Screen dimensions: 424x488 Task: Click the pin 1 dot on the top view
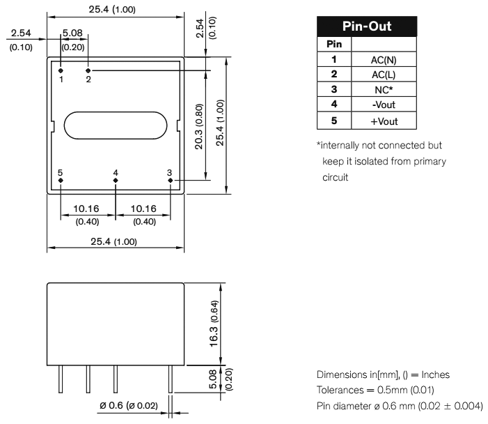61,70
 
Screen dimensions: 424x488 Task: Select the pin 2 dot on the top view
88,70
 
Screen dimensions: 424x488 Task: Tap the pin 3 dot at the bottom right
171,180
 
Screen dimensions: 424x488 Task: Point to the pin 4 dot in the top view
116,180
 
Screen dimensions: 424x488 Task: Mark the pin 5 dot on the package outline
61,180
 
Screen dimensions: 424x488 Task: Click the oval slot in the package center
116,125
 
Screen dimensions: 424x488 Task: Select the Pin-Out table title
367,27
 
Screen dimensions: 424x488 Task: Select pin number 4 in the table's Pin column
334,105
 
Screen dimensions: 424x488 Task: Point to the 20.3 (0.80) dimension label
199,126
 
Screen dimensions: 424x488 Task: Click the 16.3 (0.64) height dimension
214,323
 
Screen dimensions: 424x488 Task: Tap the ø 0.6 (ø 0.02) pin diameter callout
128,404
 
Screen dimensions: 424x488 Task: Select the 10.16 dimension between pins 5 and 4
88,209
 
